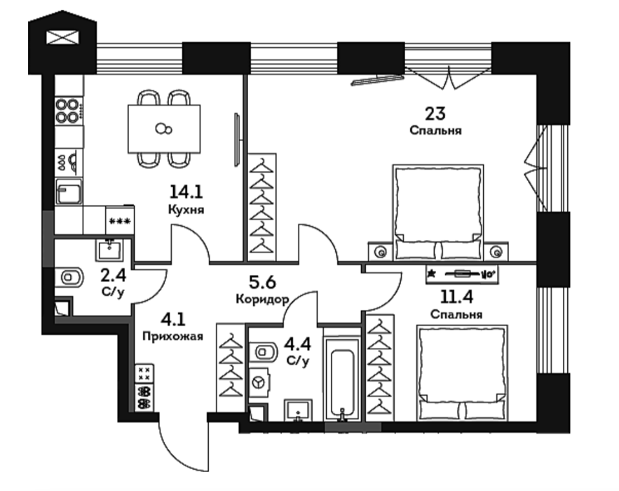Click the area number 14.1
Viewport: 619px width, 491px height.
(186, 192)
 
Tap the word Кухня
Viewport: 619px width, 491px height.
(186, 209)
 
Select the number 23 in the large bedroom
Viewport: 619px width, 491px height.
(435, 114)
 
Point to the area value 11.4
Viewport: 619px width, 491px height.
(456, 297)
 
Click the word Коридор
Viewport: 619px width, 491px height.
(262, 299)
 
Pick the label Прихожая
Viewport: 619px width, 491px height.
(172, 337)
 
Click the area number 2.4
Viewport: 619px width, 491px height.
(114, 276)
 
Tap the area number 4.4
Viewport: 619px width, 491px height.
(298, 344)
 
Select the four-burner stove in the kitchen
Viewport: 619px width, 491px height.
(67, 111)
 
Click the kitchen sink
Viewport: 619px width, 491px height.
(69, 191)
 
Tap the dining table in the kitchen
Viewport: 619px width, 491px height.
(164, 129)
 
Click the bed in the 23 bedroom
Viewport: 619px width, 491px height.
(438, 213)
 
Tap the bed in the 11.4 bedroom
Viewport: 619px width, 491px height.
(462, 372)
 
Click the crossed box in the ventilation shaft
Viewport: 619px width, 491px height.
(63, 38)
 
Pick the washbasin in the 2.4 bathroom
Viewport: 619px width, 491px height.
(109, 250)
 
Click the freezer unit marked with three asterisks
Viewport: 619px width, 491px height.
(120, 220)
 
